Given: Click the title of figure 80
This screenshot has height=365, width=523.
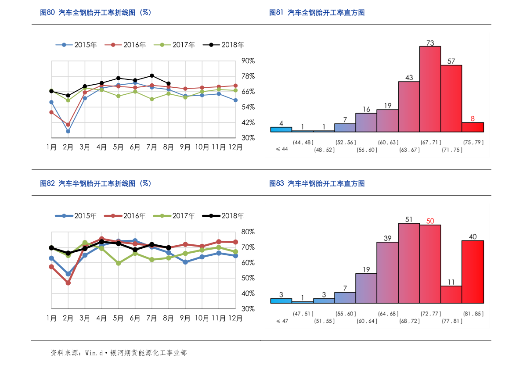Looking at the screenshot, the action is (x=95, y=13).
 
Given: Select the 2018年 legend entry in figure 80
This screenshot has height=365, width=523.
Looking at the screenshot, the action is (x=223, y=45).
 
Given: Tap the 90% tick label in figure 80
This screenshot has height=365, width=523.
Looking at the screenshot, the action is (x=248, y=61).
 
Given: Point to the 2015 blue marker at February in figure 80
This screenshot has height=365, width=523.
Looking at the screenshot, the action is (x=68, y=131).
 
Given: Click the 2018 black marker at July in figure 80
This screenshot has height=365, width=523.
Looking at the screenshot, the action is (x=152, y=75).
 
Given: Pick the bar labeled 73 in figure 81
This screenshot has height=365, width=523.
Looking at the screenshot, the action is (x=430, y=89).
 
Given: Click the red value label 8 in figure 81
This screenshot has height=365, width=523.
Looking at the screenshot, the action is (x=473, y=118).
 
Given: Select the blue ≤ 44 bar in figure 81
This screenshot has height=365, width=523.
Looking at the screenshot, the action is (x=281, y=130).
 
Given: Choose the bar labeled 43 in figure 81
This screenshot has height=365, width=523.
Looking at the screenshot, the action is (x=409, y=107).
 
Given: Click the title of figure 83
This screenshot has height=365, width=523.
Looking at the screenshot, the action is (x=317, y=184).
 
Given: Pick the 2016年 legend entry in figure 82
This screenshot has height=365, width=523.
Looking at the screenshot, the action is (x=125, y=216).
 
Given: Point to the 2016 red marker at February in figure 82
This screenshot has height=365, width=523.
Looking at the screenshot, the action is (x=68, y=283).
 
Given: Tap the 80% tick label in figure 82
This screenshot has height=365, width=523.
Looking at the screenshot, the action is (x=248, y=232).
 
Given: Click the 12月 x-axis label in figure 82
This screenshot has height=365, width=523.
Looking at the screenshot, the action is (x=235, y=318).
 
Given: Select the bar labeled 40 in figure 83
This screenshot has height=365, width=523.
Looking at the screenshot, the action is (x=473, y=272).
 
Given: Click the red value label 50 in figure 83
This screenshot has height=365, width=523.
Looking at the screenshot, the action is (x=430, y=221).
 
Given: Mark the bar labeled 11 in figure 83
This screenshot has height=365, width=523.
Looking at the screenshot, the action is (x=451, y=294).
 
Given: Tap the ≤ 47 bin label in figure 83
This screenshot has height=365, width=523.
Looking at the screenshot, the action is (x=282, y=321).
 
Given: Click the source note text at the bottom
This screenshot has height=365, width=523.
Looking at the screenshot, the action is (x=119, y=353).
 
